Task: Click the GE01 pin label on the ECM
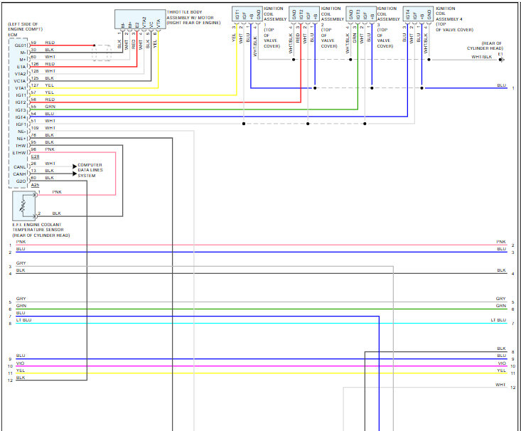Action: point(20,44)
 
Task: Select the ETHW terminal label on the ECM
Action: point(19,153)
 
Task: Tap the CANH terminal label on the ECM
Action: point(20,174)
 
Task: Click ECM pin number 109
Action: point(35,128)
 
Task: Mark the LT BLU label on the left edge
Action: point(23,321)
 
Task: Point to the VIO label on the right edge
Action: point(502,363)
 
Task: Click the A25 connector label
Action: point(35,185)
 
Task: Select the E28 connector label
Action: point(35,156)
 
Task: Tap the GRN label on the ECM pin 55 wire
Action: point(50,107)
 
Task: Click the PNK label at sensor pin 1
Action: point(56,193)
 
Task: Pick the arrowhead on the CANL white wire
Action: point(73,165)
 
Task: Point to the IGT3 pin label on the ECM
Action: point(20,111)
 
